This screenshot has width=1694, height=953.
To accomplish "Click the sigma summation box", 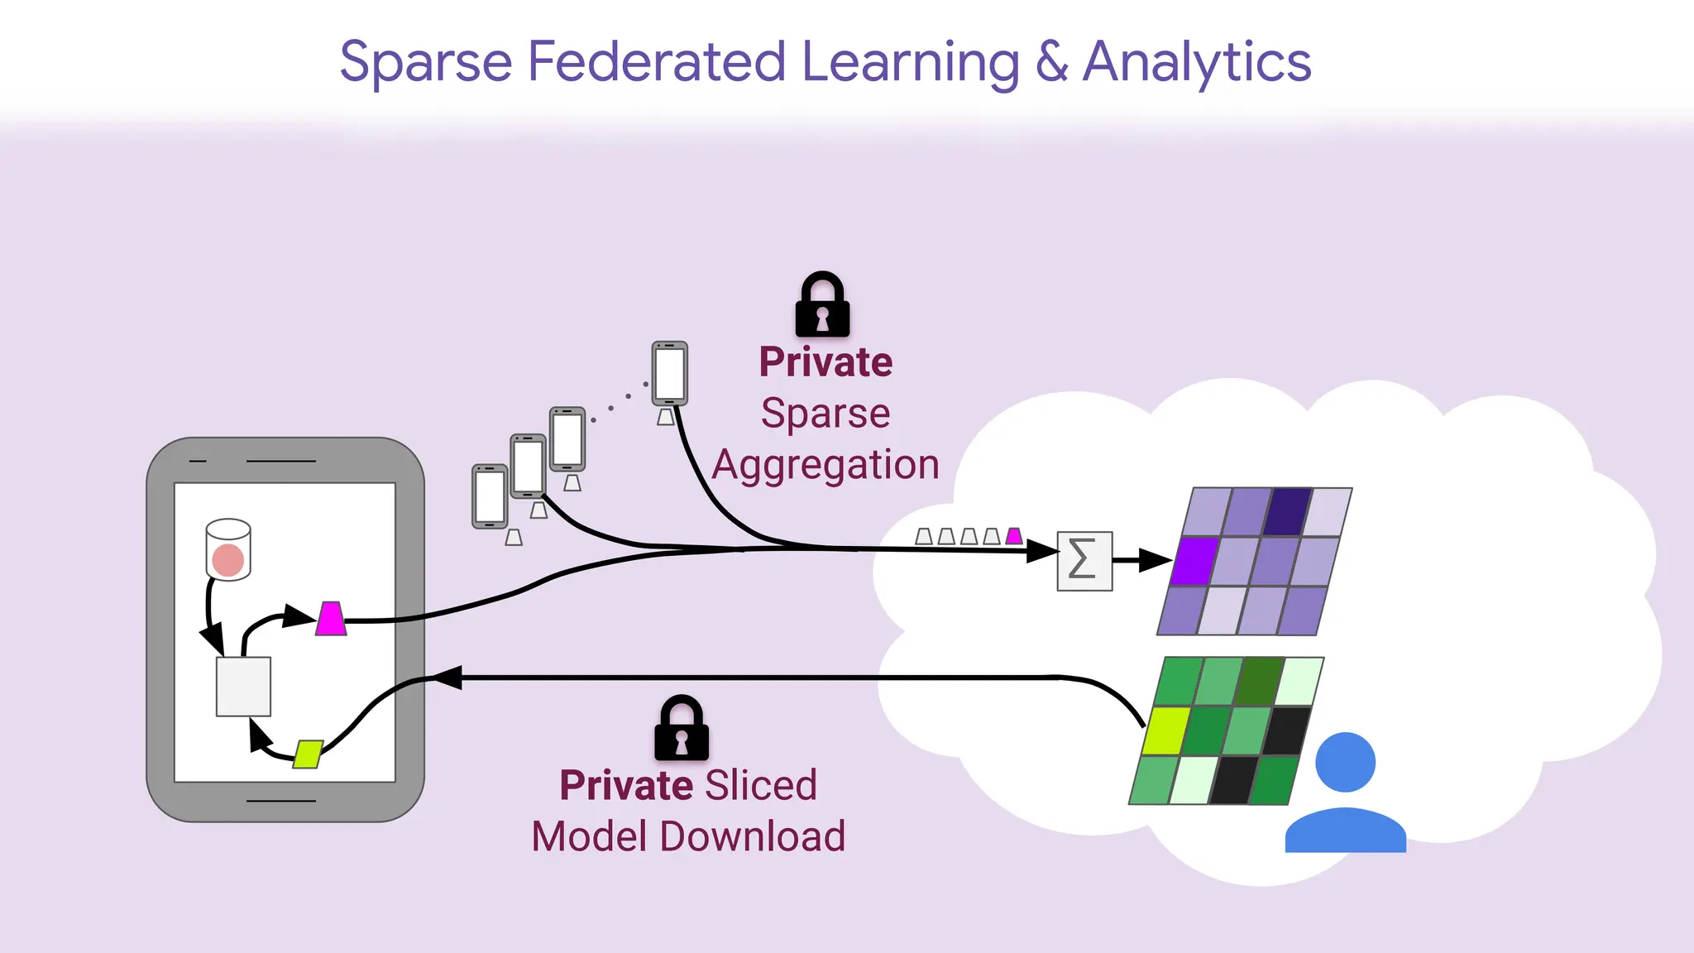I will (x=1084, y=561).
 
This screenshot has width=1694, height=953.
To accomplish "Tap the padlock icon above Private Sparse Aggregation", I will (x=822, y=305).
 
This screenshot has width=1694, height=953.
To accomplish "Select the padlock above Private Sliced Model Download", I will (x=682, y=729).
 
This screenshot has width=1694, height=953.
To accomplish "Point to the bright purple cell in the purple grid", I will (x=1194, y=561).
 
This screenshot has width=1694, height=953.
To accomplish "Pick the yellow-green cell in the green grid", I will (x=1165, y=730).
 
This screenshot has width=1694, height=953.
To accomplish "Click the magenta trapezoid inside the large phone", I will (x=331, y=619).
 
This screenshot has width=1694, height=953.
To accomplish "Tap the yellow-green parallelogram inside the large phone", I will (x=308, y=754).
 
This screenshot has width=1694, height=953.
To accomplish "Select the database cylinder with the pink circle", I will (x=228, y=550).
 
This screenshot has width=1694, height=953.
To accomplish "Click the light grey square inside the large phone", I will (x=243, y=686).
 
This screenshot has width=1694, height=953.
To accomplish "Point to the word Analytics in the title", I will (x=1196, y=63).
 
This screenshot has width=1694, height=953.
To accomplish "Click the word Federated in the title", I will (x=656, y=63).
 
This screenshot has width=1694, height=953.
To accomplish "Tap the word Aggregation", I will (x=825, y=465).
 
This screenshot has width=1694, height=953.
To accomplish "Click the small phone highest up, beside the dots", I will (x=669, y=374).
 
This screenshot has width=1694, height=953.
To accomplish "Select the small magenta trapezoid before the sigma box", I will (x=1014, y=536).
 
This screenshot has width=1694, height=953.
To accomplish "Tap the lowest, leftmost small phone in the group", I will (x=490, y=496).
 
